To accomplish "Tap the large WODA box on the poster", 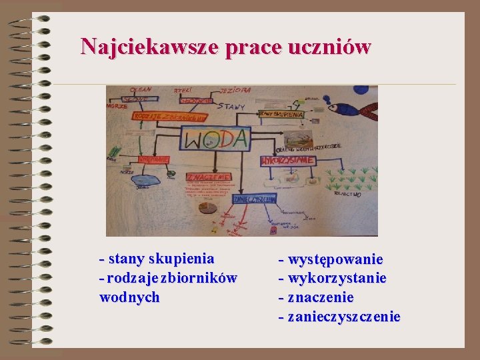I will pos(216,139).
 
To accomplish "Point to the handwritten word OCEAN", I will pos(141,90).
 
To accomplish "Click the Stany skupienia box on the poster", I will pos(282,115).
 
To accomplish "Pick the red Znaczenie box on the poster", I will pos(209,177).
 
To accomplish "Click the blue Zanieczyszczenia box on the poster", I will pos(254,199).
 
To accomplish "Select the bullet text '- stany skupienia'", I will pos(157,258).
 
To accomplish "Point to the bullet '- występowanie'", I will pos(331,259).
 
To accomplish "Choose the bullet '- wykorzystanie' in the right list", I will pos(333,278).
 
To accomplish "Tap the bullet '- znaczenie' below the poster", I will pos(316,297).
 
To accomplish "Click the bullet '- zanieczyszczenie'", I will pos(339,317).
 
